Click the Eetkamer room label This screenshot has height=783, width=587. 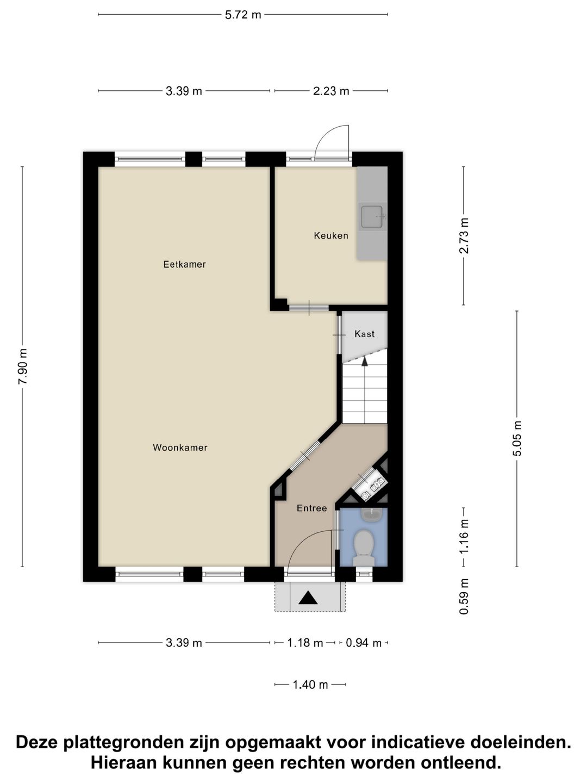pyautogui.click(x=184, y=264)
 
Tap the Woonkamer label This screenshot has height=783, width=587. pyautogui.click(x=180, y=448)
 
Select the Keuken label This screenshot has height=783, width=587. pyautogui.click(x=331, y=235)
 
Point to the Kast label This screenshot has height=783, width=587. pyautogui.click(x=364, y=334)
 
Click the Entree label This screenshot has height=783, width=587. pyautogui.click(x=311, y=508)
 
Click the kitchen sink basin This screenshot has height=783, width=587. pyautogui.click(x=372, y=217)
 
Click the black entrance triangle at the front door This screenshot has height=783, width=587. pyautogui.click(x=308, y=598)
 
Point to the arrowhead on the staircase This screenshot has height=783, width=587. pyautogui.click(x=364, y=362)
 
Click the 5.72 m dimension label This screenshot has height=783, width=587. pyautogui.click(x=243, y=15)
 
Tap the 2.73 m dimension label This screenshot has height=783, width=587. pyautogui.click(x=464, y=235)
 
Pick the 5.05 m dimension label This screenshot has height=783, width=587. pyautogui.click(x=517, y=438)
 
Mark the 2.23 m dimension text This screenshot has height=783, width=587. pyautogui.click(x=331, y=91)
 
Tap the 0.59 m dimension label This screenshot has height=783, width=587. pyautogui.click(x=464, y=596)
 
